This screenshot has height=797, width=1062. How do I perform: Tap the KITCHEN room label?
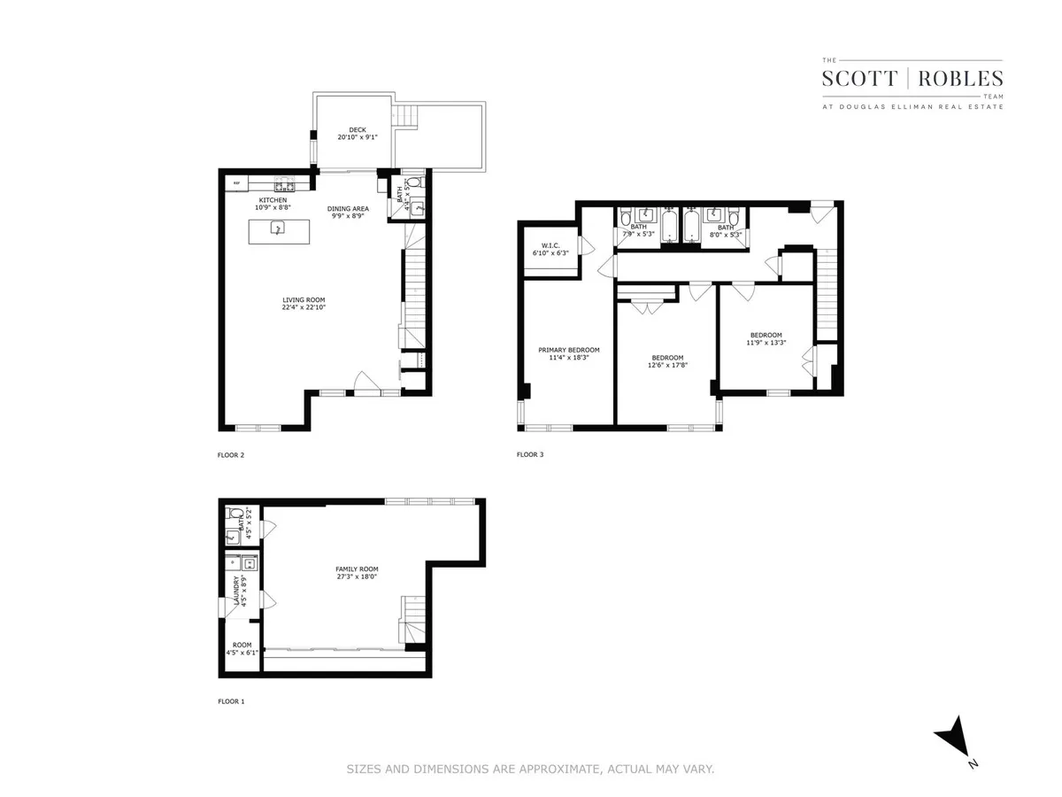[273, 200]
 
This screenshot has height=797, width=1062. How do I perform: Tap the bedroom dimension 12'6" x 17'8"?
[668, 363]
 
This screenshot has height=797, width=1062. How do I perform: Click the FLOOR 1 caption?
[231, 701]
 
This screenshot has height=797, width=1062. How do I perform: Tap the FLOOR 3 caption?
[530, 455]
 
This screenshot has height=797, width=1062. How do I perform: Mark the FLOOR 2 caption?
[231, 455]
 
